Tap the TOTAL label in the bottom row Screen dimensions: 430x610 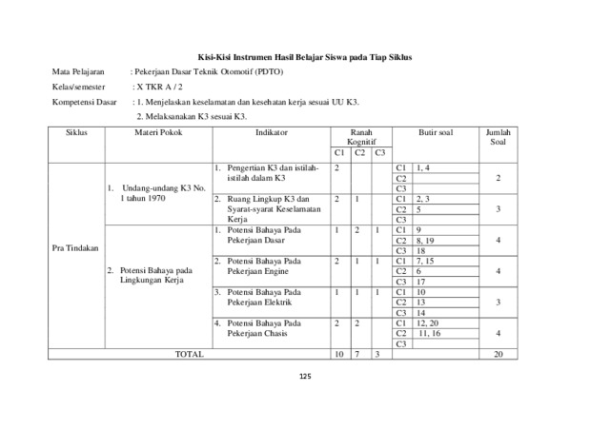(190, 355)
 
